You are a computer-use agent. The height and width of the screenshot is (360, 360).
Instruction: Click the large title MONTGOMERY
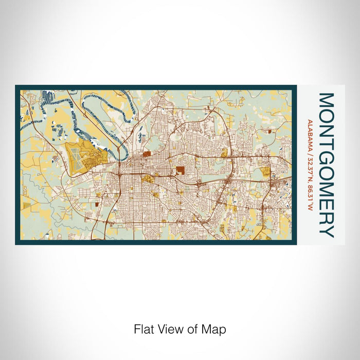[327, 165]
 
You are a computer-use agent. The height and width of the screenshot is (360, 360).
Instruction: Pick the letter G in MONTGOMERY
[327, 154]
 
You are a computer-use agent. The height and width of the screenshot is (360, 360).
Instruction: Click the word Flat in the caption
[143, 329]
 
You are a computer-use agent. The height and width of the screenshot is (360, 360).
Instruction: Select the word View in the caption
[167, 329]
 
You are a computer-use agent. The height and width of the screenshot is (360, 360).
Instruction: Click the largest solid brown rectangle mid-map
[181, 171]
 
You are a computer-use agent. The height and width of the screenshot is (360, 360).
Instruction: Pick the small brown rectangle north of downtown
[148, 153]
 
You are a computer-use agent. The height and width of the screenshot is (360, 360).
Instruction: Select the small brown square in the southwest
[96, 204]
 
